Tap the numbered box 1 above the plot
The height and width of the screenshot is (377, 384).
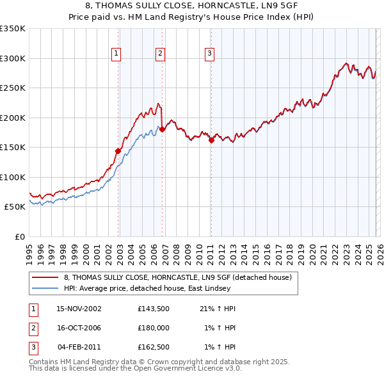[x=116, y=54]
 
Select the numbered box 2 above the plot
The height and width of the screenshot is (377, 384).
[x=160, y=54]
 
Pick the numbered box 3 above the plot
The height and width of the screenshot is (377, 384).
[x=209, y=54]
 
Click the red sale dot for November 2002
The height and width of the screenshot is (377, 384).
[x=118, y=151]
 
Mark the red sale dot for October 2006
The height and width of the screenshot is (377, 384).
[x=163, y=130]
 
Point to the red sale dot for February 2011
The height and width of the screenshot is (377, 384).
[x=211, y=140]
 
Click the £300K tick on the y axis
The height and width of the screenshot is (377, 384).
[x=13, y=58]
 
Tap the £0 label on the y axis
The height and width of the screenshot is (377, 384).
[x=19, y=236]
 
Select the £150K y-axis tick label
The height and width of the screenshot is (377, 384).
[x=13, y=147]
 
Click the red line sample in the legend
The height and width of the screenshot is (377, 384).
[x=45, y=277]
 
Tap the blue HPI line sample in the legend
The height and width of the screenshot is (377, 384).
[x=45, y=288]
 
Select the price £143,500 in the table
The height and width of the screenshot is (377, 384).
[x=153, y=309]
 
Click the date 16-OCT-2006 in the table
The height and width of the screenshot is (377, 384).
[x=79, y=328]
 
